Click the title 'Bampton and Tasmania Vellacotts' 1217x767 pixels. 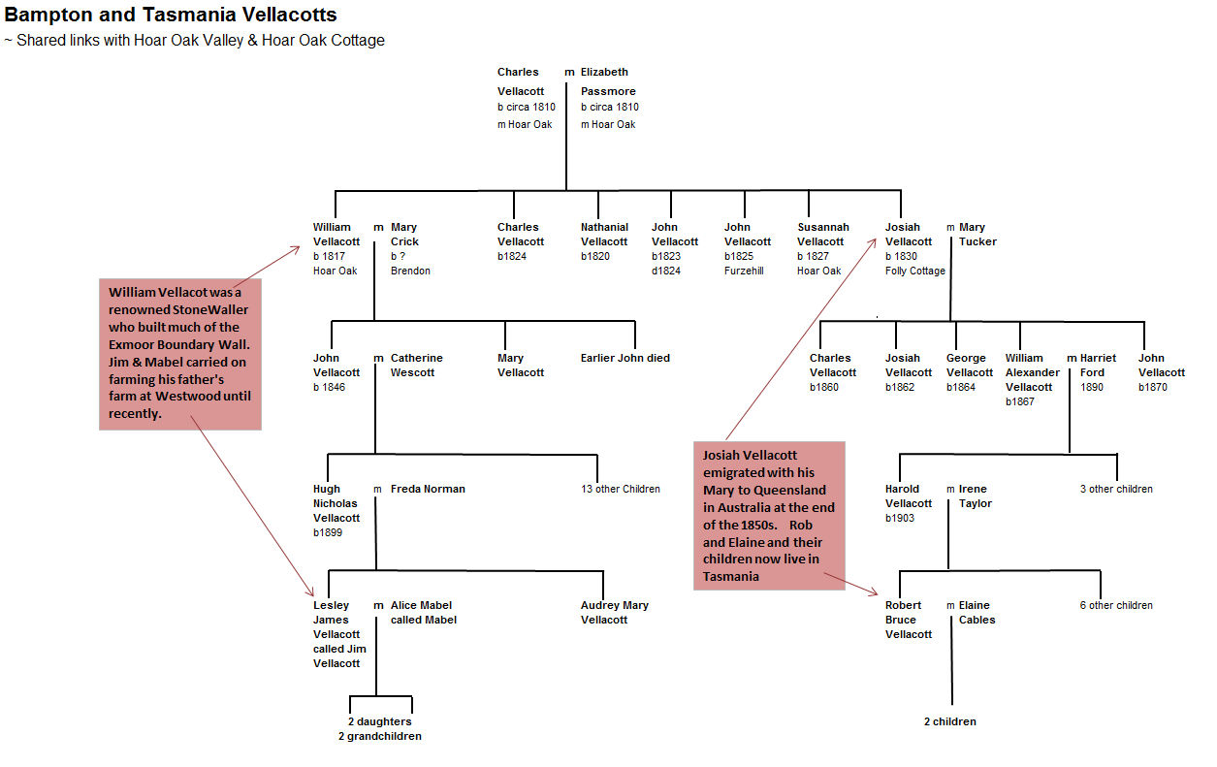(x=170, y=15)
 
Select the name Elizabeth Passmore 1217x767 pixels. (x=608, y=81)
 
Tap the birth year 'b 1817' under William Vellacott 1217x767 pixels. (x=329, y=256)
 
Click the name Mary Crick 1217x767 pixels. (x=404, y=234)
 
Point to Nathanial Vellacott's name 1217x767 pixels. (x=604, y=234)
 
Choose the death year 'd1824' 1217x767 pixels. (x=665, y=271)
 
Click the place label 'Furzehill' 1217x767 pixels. (x=744, y=271)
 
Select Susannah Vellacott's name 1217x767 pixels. (x=822, y=234)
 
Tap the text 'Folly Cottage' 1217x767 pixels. (x=914, y=271)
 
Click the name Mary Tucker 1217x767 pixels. (x=977, y=234)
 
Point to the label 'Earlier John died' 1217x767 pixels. (x=625, y=358)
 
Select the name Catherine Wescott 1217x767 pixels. (x=416, y=365)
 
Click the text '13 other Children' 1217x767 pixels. (x=621, y=489)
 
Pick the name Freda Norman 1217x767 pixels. (x=428, y=489)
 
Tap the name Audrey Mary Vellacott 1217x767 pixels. (x=615, y=612)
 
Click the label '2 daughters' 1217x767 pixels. (x=380, y=721)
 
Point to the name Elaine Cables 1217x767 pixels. (x=977, y=612)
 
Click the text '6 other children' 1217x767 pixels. (x=1116, y=605)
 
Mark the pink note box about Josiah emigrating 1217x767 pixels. (x=769, y=516)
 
